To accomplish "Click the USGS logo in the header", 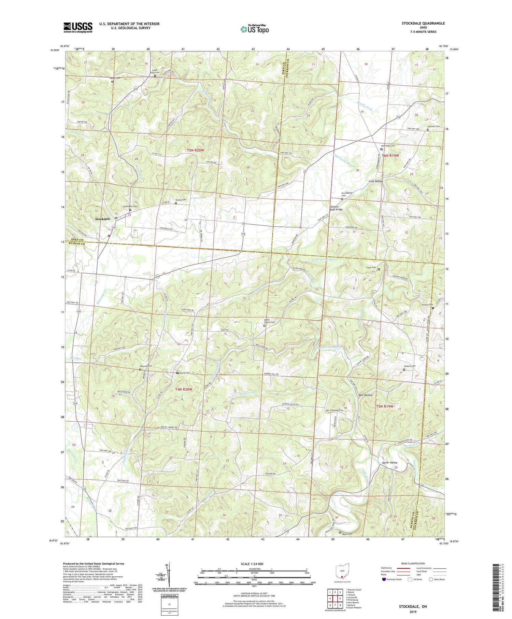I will point(78,27).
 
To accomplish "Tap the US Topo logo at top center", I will point(255,29).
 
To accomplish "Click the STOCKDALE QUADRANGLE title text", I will point(423,23).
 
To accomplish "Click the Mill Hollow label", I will point(366,395).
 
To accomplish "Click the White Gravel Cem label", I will point(269,321).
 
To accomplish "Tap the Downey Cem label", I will point(145,366).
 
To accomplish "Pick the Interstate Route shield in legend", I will point(385,579).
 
